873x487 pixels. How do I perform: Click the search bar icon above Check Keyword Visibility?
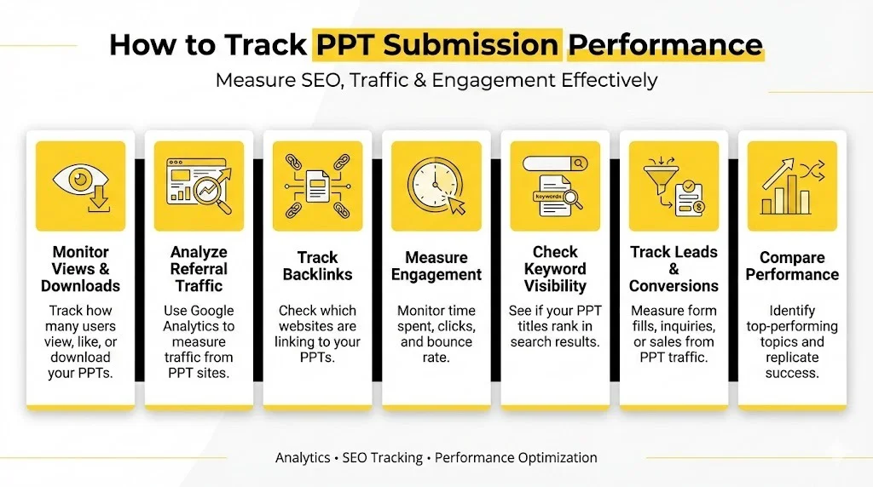(x=555, y=163)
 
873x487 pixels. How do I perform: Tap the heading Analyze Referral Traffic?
(x=199, y=268)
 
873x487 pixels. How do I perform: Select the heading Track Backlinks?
(x=317, y=266)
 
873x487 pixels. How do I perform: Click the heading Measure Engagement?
(x=436, y=266)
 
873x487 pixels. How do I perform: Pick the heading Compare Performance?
(x=792, y=266)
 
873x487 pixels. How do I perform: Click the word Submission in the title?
(x=438, y=44)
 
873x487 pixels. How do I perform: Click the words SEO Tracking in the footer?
(x=382, y=457)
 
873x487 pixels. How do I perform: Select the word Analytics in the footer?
(x=303, y=457)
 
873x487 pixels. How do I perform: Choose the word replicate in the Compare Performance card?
(x=792, y=358)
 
